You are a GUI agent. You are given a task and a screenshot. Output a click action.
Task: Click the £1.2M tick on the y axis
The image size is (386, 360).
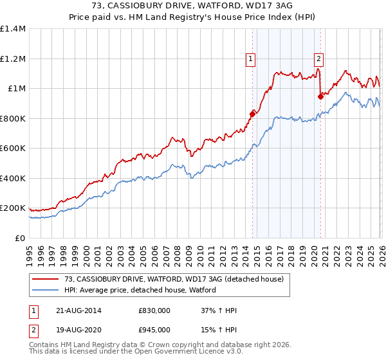pos(13,59)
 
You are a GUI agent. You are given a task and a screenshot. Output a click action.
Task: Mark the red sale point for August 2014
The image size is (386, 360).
pos(252,114)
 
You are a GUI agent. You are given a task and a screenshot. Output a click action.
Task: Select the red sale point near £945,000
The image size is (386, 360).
pos(320,96)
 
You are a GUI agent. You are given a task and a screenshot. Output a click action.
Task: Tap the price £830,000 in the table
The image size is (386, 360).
pos(154,310)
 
